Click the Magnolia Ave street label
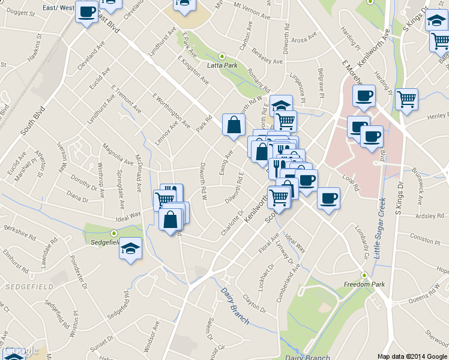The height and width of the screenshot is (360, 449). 118,152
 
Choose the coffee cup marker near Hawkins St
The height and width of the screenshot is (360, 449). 86,11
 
